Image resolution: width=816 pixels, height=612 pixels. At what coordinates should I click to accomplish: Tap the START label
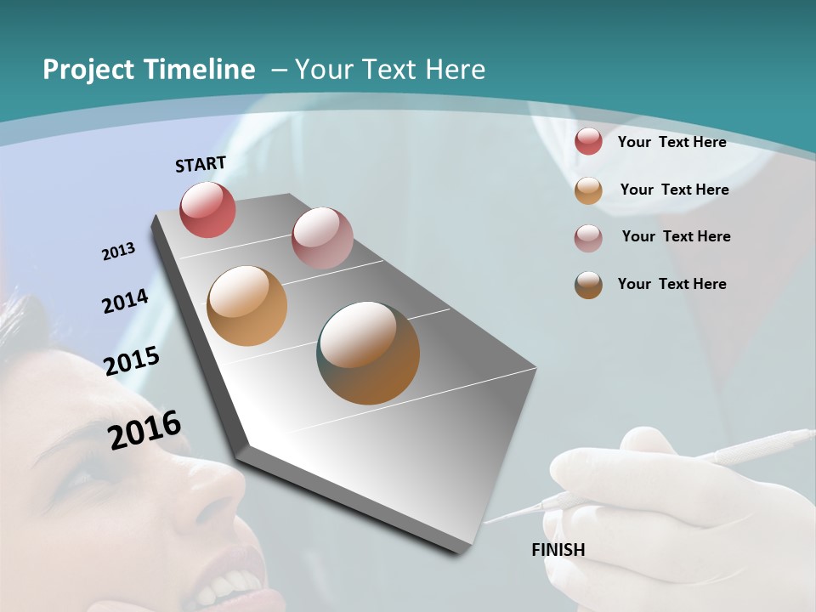click(201, 163)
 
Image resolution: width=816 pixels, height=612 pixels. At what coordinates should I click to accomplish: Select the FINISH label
click(558, 550)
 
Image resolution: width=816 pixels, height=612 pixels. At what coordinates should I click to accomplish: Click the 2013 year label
click(118, 252)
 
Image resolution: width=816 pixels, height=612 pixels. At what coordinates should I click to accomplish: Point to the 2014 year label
click(125, 301)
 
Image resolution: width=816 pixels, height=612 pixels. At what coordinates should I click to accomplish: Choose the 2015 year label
click(132, 361)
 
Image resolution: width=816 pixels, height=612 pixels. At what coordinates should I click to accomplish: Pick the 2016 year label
click(144, 429)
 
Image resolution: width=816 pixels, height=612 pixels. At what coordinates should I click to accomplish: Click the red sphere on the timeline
click(207, 209)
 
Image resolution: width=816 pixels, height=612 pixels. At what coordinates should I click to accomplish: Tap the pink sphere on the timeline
click(322, 238)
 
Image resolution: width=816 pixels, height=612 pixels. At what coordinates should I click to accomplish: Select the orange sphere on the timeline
click(246, 306)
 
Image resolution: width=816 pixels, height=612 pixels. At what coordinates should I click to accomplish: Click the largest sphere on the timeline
click(368, 352)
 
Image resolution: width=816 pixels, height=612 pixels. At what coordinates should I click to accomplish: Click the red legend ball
click(588, 141)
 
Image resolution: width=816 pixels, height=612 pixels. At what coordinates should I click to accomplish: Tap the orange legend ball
click(588, 190)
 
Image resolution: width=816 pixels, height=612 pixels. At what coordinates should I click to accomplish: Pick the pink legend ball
click(588, 238)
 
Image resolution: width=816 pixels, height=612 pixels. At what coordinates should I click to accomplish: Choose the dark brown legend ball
click(588, 285)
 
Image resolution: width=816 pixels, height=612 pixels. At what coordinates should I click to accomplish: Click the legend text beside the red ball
click(671, 142)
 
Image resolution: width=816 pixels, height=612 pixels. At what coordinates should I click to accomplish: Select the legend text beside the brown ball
click(671, 284)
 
